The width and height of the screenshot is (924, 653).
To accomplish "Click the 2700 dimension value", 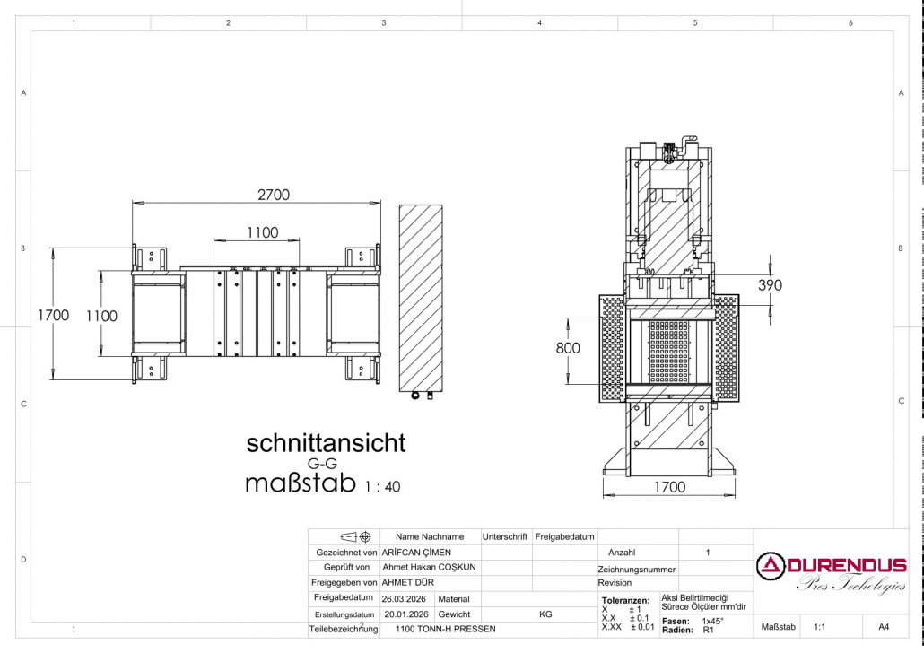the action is [274, 195].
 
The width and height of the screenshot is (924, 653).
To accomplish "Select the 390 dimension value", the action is [770, 285].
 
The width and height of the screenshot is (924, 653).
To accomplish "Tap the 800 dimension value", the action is [568, 348].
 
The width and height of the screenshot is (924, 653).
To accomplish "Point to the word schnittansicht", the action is [326, 443].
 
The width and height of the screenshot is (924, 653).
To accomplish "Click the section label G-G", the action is [322, 465].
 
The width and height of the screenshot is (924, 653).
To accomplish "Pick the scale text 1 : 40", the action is [382, 487].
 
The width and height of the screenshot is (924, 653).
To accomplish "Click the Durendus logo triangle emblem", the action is [771, 566].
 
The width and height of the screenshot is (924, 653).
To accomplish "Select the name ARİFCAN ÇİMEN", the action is [416, 553].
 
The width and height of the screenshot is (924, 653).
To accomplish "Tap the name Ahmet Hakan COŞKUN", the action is [429, 568].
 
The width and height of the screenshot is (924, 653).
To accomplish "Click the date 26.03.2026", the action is [404, 599].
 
